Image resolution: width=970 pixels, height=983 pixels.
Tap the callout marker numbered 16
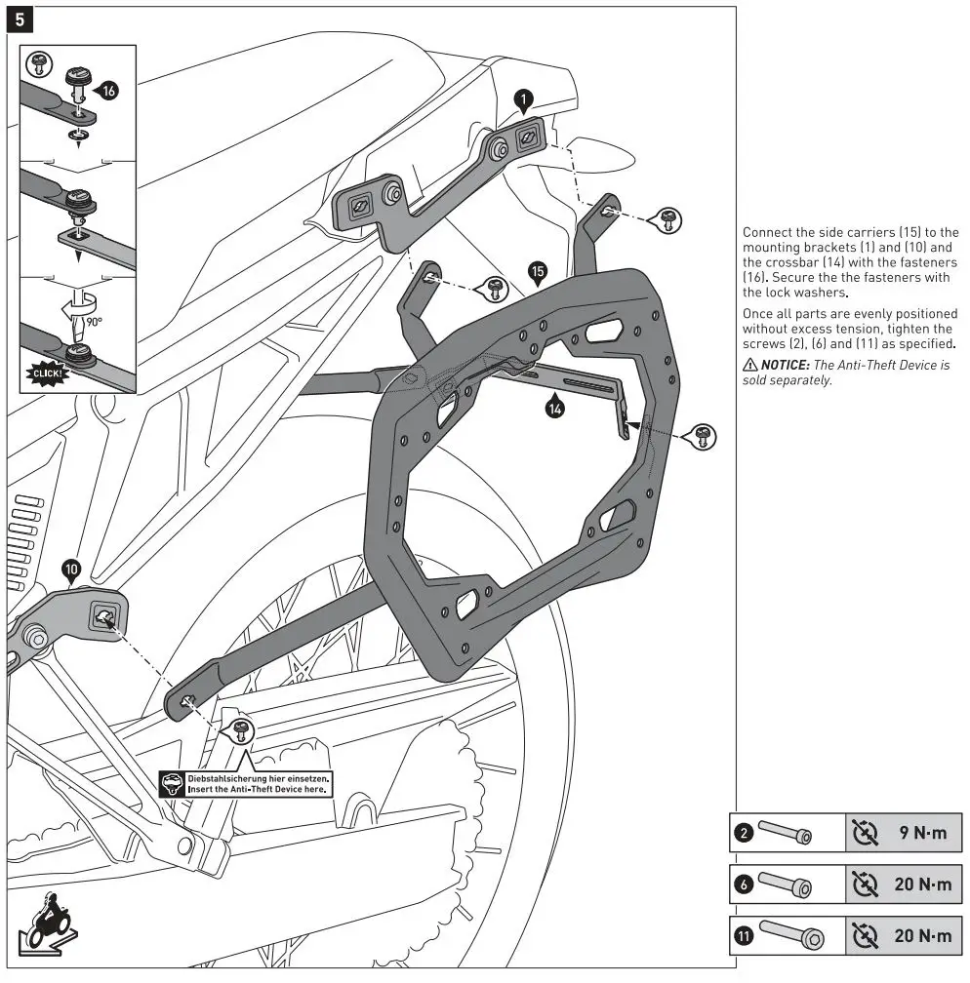click(107, 91)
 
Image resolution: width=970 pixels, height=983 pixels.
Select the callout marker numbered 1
click(523, 98)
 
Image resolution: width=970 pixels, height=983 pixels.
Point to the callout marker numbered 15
click(536, 271)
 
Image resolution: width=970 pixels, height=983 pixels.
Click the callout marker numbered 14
click(553, 410)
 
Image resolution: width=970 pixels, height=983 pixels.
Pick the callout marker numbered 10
click(71, 570)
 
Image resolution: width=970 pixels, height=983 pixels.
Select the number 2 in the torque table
click(744, 834)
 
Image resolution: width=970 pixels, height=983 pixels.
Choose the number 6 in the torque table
click(744, 885)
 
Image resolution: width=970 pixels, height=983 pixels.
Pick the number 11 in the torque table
click(744, 937)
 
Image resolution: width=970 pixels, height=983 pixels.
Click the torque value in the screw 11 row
click(922, 937)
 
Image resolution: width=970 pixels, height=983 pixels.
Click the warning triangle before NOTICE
click(749, 365)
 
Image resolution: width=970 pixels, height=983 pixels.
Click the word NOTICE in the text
click(786, 365)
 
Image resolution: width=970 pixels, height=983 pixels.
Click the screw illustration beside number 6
click(787, 885)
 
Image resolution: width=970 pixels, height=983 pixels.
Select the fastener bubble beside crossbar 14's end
click(701, 437)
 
